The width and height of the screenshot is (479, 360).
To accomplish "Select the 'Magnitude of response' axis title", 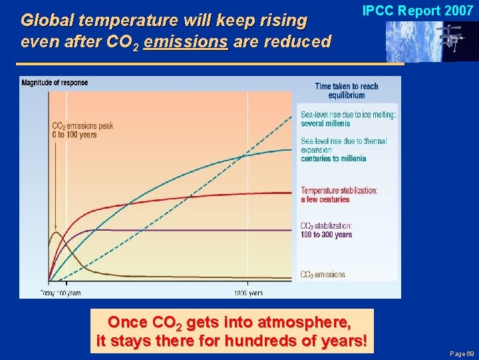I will pyautogui.click(x=55, y=83).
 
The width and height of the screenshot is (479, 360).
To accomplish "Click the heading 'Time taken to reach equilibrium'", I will pyautogui.click(x=346, y=91).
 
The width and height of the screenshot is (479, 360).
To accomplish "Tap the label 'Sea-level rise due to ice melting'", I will pyautogui.click(x=348, y=115).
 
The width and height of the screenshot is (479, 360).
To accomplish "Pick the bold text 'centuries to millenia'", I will pyautogui.click(x=333, y=159).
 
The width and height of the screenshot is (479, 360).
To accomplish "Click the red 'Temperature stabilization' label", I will pyautogui.click(x=339, y=191).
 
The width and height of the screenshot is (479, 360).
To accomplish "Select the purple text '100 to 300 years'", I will pyautogui.click(x=326, y=235).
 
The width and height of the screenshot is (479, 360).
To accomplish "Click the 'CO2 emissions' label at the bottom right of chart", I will pyautogui.click(x=323, y=274).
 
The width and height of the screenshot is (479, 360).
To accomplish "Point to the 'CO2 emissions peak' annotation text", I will pyautogui.click(x=82, y=126).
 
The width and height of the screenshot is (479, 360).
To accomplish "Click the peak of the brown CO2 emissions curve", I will pyautogui.click(x=56, y=233).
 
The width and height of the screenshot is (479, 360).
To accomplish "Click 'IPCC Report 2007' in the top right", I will pyautogui.click(x=417, y=11).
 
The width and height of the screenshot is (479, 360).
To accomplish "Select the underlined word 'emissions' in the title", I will pyautogui.click(x=185, y=41).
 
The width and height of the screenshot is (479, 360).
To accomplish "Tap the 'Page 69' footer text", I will pyautogui.click(x=461, y=353).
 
